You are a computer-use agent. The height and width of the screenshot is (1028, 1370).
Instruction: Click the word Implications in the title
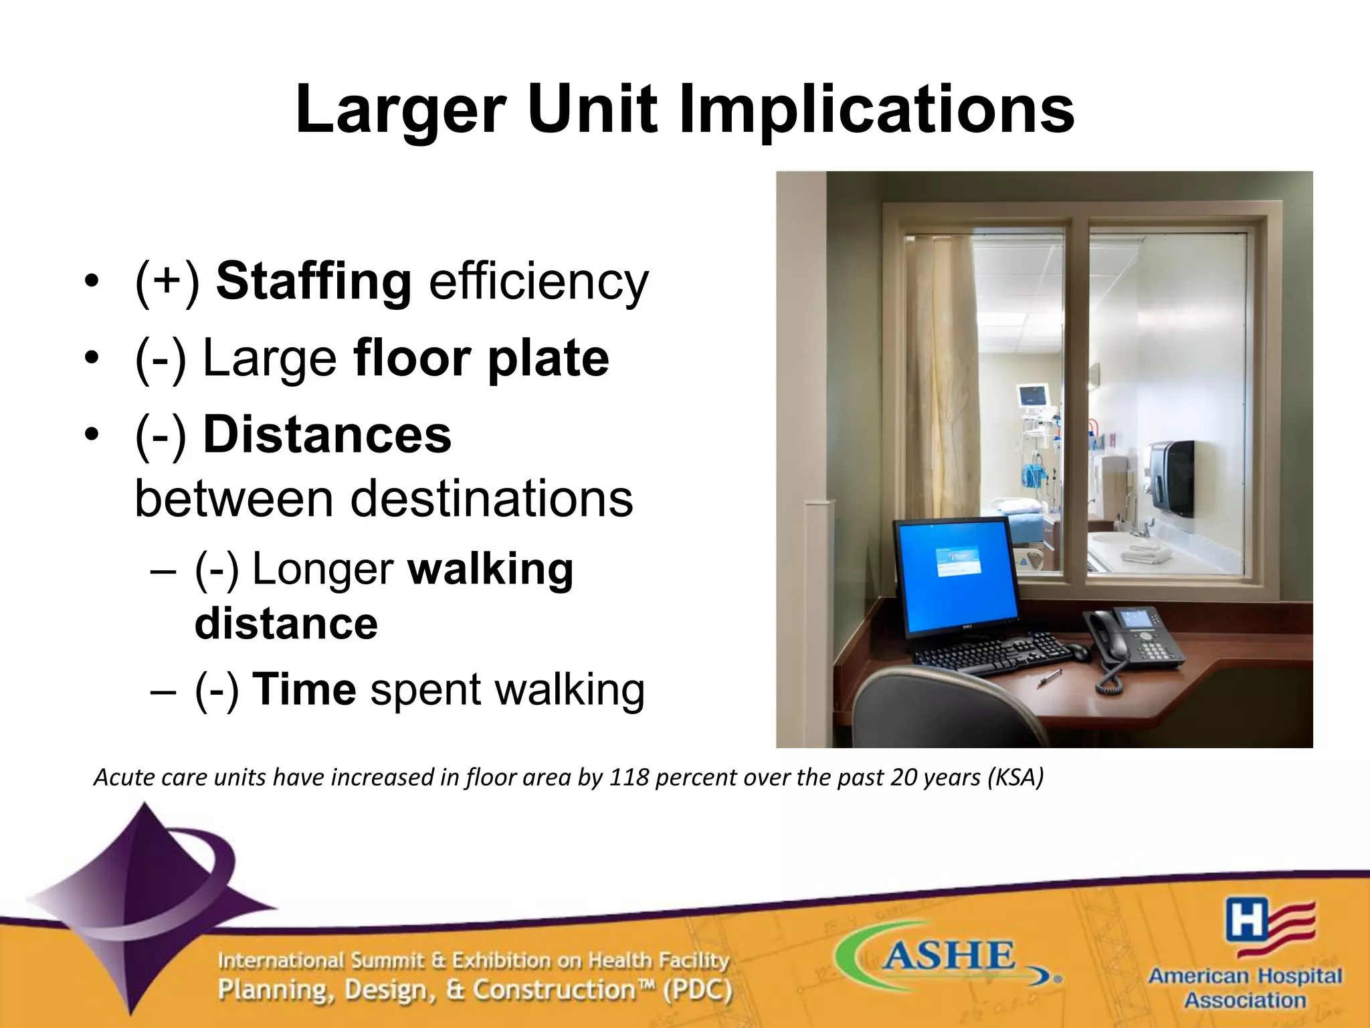876,110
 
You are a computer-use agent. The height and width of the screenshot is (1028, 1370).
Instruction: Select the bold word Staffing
313,282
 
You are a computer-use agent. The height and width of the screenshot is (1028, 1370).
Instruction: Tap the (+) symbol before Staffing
167,282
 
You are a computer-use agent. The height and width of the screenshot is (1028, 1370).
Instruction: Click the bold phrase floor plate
481,359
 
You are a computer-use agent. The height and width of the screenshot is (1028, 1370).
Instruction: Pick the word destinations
491,499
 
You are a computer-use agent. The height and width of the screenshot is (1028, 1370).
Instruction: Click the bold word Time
304,690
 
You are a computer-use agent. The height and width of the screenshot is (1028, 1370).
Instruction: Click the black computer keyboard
990,653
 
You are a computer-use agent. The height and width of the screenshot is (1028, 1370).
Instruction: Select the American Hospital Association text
1245,989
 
